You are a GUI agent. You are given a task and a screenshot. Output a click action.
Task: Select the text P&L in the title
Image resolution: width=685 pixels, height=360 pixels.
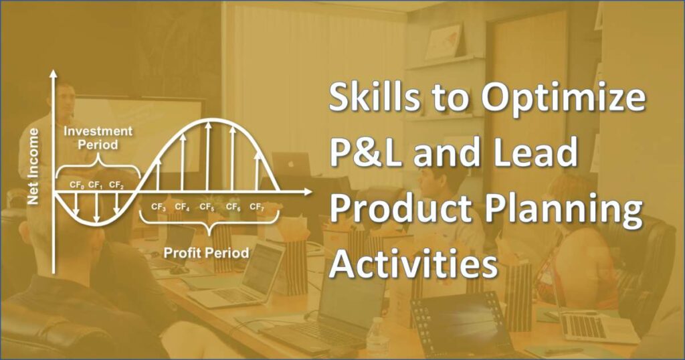366,152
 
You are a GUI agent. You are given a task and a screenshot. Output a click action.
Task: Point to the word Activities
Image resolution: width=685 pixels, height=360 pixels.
413,263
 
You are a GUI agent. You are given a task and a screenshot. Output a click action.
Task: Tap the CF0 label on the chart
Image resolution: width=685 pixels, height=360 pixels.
76,185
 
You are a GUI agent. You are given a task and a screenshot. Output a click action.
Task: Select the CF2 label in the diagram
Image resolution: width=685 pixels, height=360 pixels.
116,185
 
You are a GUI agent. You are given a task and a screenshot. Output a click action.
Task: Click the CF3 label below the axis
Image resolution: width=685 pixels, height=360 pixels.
158,207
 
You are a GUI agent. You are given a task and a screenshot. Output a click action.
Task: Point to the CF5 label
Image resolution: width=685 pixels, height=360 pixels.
207,207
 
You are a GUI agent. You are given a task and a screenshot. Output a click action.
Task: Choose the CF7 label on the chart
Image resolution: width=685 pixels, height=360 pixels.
257,207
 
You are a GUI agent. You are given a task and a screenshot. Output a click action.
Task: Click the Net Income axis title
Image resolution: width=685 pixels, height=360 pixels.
33,167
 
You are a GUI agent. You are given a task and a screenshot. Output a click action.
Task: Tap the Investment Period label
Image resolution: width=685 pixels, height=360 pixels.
98,138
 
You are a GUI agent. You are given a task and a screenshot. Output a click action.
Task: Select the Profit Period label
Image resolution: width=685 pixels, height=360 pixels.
206,252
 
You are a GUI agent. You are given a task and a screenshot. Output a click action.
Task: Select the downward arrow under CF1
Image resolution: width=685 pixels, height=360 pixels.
96,207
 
